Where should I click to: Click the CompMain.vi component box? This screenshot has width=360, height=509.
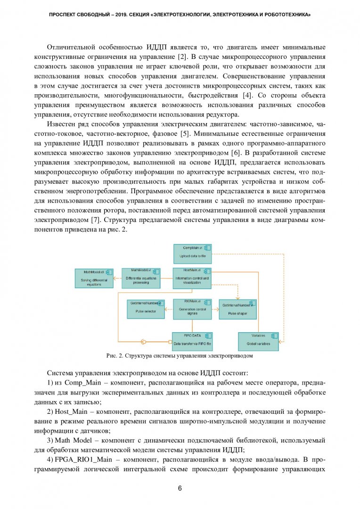pyautogui.click(x=192, y=253)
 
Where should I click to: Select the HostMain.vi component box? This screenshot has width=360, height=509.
pyautogui.click(x=192, y=278)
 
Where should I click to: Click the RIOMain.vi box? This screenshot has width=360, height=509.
pyautogui.click(x=192, y=308)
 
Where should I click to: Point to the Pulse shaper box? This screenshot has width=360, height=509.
pyautogui.click(x=238, y=309)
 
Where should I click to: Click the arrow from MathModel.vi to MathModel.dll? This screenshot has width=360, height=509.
pyautogui.click(x=116, y=278)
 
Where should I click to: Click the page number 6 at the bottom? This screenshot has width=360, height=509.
pyautogui.click(x=180, y=488)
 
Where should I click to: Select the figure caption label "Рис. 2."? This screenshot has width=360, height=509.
pyautogui.click(x=115, y=356)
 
